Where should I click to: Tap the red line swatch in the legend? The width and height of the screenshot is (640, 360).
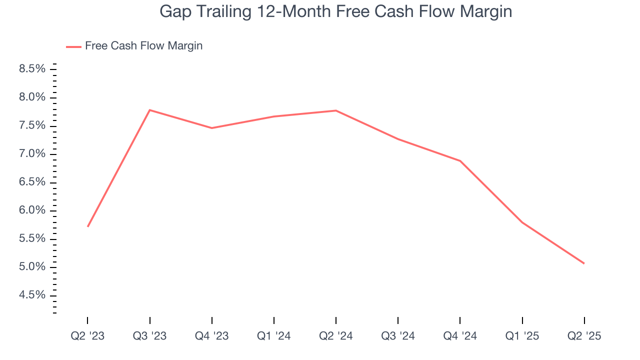(x=73, y=46)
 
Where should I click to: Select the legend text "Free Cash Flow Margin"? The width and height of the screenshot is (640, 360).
(x=143, y=46)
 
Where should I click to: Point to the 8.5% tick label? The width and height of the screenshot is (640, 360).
(x=32, y=69)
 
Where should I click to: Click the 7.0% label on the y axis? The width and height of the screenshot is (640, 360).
(x=32, y=154)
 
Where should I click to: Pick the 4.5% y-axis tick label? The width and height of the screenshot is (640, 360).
(x=32, y=295)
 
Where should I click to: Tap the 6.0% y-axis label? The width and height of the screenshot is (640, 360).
(x=32, y=210)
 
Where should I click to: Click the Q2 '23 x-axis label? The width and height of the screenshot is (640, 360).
(x=87, y=336)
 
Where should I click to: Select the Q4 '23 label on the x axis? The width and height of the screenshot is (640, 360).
(x=212, y=336)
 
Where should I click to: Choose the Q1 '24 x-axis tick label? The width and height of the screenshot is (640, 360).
(x=274, y=336)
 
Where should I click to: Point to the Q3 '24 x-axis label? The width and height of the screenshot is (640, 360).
(x=398, y=336)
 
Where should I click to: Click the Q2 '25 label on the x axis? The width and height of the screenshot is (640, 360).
(x=584, y=336)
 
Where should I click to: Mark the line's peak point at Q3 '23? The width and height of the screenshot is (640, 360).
(x=150, y=110)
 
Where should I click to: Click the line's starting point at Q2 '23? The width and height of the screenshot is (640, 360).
(x=88, y=226)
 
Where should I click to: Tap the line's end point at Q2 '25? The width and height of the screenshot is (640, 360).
(x=584, y=263)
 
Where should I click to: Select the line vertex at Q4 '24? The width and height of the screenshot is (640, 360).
(x=460, y=161)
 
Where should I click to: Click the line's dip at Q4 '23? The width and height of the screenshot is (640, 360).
(x=212, y=128)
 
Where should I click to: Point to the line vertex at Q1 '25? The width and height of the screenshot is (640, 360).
(x=522, y=222)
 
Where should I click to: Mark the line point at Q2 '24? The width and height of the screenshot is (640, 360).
(x=336, y=110)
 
